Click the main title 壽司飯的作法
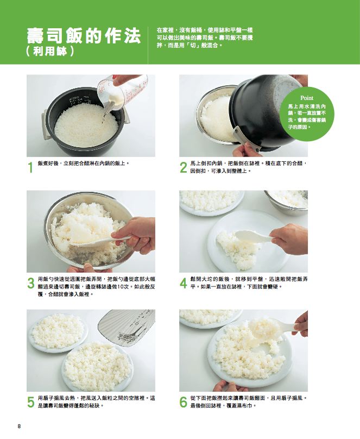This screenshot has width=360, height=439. (x=84, y=36)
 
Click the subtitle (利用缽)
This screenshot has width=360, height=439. (x=50, y=52)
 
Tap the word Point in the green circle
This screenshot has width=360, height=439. (x=307, y=98)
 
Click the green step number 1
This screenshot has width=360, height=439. (x=31, y=167)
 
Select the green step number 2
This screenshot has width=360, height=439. (x=183, y=167)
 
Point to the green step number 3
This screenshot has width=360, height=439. (x=31, y=283)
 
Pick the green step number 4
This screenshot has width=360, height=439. (x=183, y=283)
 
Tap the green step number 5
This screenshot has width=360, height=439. (x=31, y=402)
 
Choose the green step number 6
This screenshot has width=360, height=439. (x=183, y=402)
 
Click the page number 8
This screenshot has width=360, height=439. (x=20, y=427)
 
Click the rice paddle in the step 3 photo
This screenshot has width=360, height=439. (x=100, y=240)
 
